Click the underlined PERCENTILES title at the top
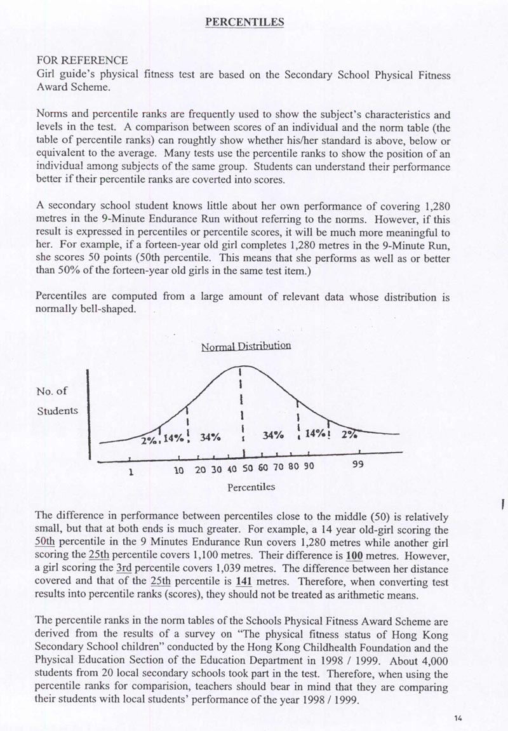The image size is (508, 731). coord(244,22)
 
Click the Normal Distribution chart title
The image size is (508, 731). coord(246,347)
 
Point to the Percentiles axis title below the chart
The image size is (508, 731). coord(251,487)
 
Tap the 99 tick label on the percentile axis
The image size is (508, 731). coord(358,465)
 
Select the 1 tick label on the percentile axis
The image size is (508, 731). coord(130,471)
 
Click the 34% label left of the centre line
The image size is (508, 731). coord(210,437)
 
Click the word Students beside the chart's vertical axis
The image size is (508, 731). coord(58,410)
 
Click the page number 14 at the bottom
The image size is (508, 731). coord(458,718)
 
